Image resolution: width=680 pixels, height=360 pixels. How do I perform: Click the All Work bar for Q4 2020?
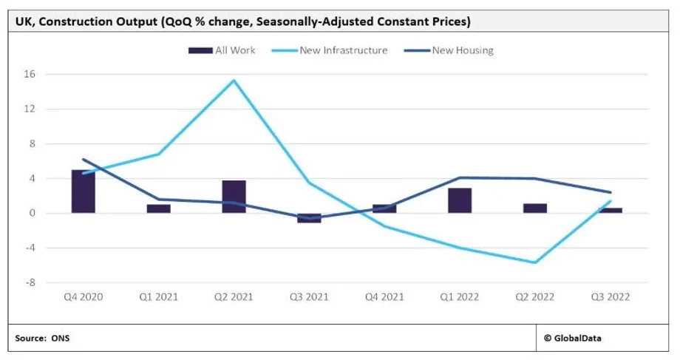(83, 191)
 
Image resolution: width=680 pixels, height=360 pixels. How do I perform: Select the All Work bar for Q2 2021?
(234, 197)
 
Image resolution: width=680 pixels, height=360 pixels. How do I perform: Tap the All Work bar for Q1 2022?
(460, 200)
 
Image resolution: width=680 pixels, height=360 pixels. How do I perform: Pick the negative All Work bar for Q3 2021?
(309, 217)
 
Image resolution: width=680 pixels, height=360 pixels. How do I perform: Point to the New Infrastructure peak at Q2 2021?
(234, 80)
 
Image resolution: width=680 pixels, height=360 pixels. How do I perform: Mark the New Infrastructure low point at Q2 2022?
(535, 262)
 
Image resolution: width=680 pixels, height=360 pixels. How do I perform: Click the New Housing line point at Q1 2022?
(460, 177)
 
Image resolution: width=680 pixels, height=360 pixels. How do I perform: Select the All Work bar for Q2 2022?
(535, 208)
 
